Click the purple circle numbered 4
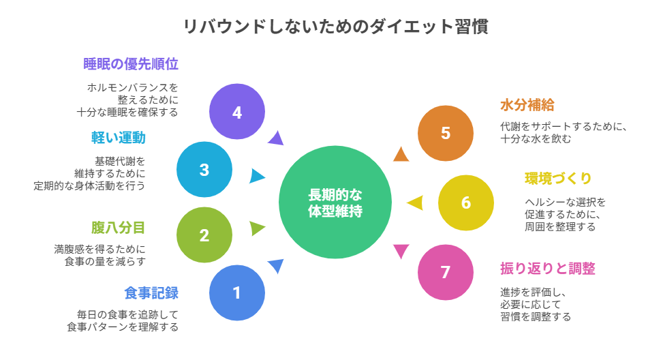click(x=236, y=112)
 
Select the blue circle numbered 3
click(x=204, y=170)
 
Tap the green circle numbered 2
click(x=204, y=235)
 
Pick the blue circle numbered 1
click(x=236, y=293)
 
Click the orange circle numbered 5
click(x=445, y=133)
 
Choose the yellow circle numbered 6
click(x=465, y=202)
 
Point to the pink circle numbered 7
click(x=445, y=272)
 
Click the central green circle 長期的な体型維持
click(x=335, y=202)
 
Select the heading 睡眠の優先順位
click(x=130, y=64)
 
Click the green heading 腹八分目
click(x=118, y=226)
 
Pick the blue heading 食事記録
click(x=151, y=293)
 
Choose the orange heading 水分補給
click(x=527, y=105)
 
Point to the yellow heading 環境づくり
click(x=558, y=179)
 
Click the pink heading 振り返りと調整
click(x=547, y=269)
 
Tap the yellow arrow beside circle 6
click(x=415, y=202)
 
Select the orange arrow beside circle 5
click(x=401, y=155)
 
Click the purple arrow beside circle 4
click(x=275, y=138)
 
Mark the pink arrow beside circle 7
click(x=401, y=251)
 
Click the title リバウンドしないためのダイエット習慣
click(x=335, y=27)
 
